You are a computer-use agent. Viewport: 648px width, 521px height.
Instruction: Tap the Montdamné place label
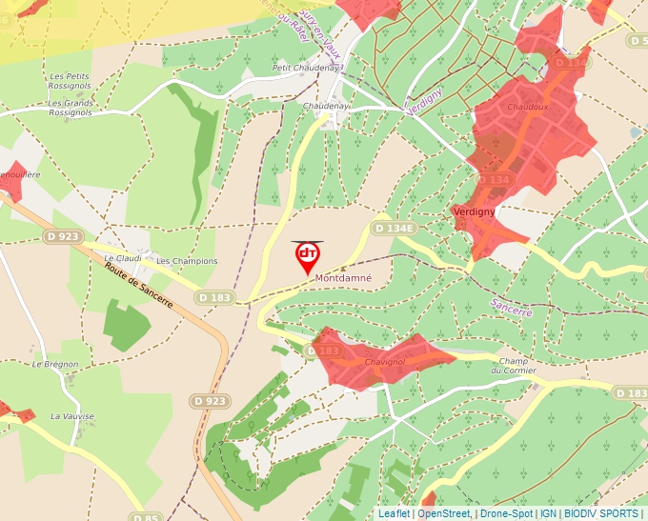tap(343, 278)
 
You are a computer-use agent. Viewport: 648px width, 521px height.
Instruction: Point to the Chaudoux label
tap(527, 108)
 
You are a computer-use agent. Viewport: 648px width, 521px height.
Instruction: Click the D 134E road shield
tap(394, 229)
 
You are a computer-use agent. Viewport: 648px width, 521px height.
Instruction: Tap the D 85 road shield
tap(145, 517)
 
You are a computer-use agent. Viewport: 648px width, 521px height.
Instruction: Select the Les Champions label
tap(187, 261)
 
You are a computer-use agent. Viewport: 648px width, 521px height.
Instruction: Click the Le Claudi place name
tap(122, 258)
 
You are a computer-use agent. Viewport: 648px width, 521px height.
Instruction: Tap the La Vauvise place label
tap(69, 416)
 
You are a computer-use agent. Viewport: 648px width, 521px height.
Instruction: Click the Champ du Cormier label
tap(514, 366)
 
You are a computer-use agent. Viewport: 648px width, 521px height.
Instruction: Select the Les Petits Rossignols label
tap(70, 82)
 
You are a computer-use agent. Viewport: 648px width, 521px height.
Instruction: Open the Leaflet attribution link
tap(394, 513)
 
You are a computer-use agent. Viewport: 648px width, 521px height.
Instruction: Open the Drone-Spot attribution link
tap(506, 513)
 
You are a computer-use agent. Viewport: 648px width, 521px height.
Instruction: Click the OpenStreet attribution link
tap(444, 513)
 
